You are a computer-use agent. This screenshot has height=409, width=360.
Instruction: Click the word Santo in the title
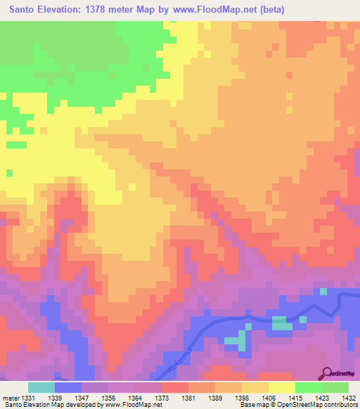click(x=25, y=9)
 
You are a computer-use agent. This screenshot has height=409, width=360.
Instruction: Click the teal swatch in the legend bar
click(x=41, y=387)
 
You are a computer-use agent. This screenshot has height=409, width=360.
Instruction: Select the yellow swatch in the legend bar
click(x=281, y=387)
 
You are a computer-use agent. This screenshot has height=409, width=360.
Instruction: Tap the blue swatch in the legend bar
click(x=67, y=387)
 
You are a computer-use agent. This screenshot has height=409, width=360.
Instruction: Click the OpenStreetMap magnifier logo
click(x=326, y=373)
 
